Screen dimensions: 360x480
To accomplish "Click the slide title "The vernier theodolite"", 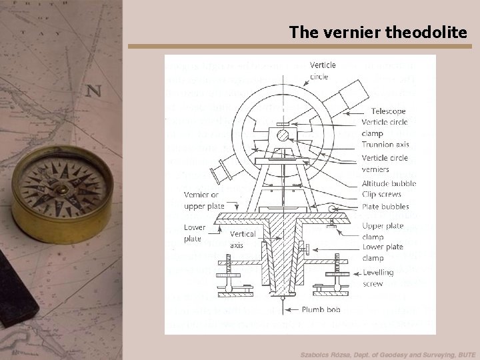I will [379, 31].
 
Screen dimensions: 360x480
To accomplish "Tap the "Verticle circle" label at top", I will [323, 71].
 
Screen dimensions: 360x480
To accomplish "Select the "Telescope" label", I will [388, 111].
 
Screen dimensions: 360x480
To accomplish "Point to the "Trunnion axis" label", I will [385, 143].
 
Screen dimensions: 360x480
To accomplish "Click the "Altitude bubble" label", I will [389, 183].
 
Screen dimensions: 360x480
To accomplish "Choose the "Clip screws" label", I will [381, 194].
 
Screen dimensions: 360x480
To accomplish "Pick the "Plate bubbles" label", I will [385, 207].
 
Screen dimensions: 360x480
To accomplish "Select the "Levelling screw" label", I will [378, 277].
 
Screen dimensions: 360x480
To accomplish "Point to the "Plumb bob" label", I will [321, 310].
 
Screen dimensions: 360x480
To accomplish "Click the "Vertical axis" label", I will [242, 239].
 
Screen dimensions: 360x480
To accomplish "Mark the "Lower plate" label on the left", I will [194, 233].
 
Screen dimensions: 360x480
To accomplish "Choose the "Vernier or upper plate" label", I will [203, 200].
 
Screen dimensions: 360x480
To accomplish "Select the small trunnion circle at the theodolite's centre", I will [283, 136].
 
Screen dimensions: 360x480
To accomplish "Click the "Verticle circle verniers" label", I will [385, 163].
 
